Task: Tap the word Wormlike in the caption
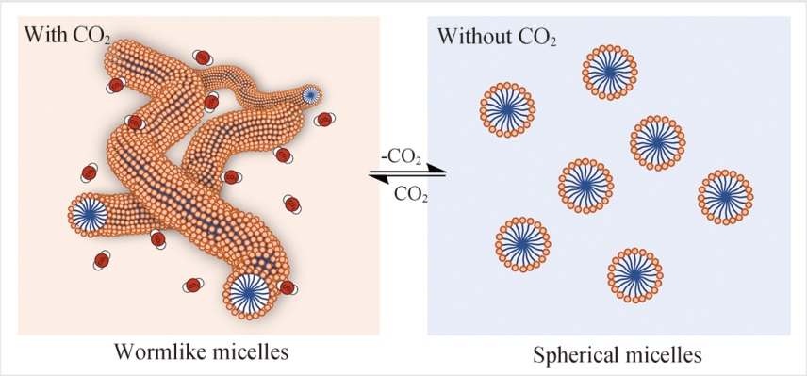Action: (x=154, y=352)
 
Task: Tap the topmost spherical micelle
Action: (x=610, y=74)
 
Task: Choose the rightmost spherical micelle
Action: (x=725, y=197)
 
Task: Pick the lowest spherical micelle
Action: (x=634, y=276)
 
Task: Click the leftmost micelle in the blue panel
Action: (x=507, y=110)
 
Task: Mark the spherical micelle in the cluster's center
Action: (x=585, y=186)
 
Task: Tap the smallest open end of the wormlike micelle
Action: (x=310, y=95)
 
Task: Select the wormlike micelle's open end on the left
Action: (x=89, y=216)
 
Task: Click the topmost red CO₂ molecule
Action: (x=203, y=57)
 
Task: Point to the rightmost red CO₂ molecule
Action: (x=323, y=120)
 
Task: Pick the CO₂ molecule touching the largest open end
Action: (x=288, y=287)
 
